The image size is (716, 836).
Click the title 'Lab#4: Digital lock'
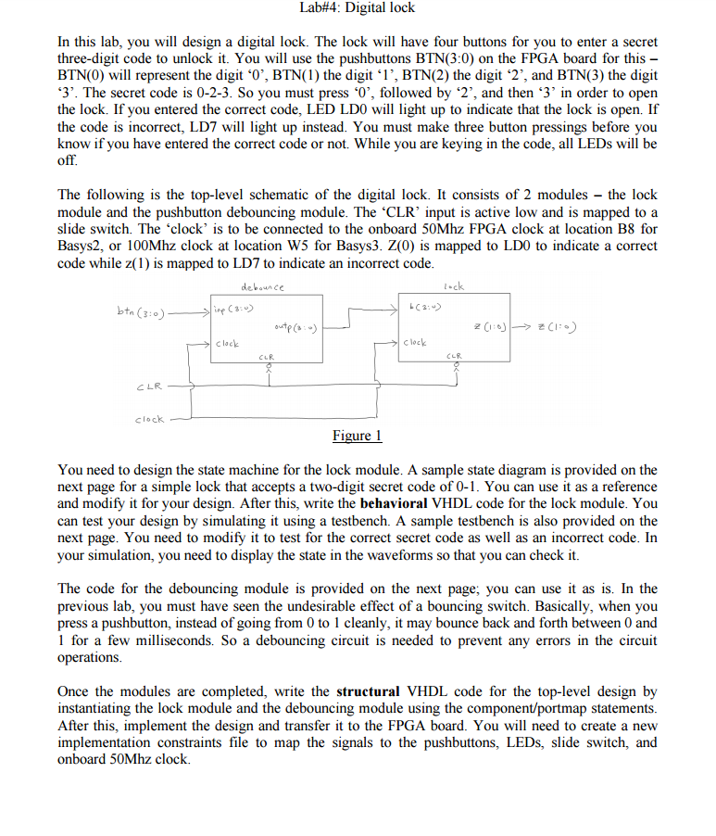click(x=358, y=8)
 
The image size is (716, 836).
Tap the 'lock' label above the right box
click(x=453, y=286)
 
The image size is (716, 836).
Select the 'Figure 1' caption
click(x=357, y=436)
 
